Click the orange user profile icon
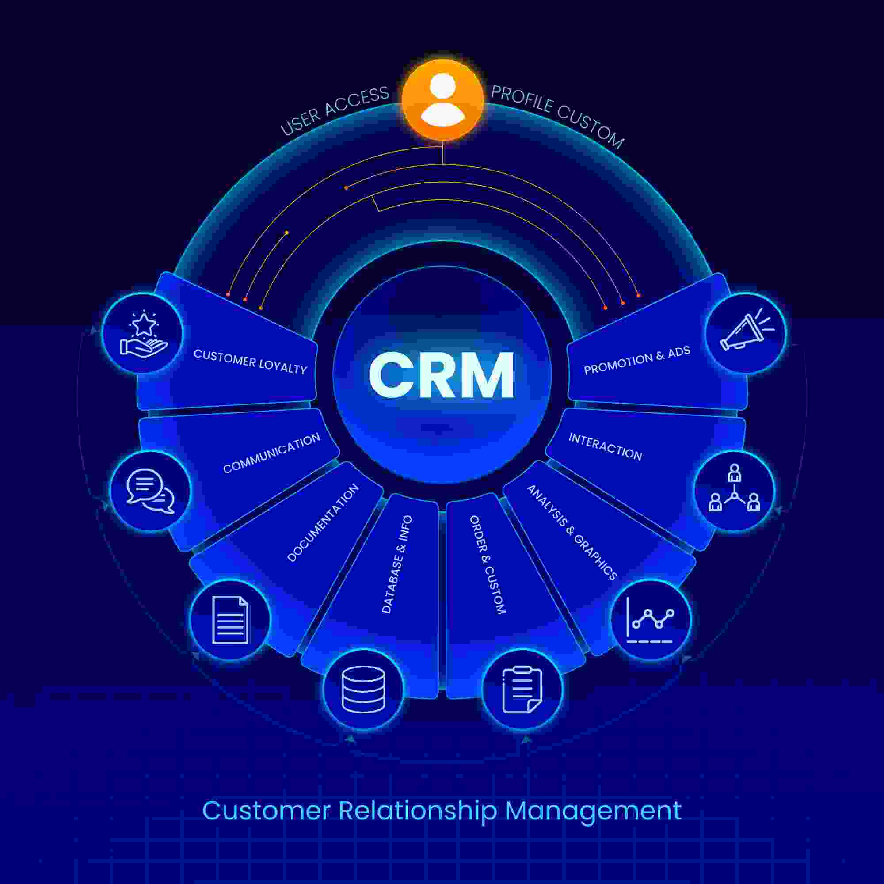pyautogui.click(x=442, y=100)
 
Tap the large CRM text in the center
pyautogui.click(x=442, y=375)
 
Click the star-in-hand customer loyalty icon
pyautogui.click(x=143, y=333)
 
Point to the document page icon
pyautogui.click(x=230, y=620)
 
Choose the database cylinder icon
pyautogui.click(x=363, y=689)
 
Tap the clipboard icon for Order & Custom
pyautogui.click(x=522, y=689)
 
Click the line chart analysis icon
pyautogui.click(x=650, y=620)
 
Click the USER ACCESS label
pyautogui.click(x=334, y=111)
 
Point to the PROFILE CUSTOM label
pyautogui.click(x=558, y=116)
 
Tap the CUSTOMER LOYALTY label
pyautogui.click(x=250, y=362)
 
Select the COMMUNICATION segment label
pyautogui.click(x=272, y=453)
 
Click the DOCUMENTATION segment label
pyautogui.click(x=323, y=522)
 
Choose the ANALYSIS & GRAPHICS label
pyautogui.click(x=572, y=532)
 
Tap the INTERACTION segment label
pyautogui.click(x=606, y=446)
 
